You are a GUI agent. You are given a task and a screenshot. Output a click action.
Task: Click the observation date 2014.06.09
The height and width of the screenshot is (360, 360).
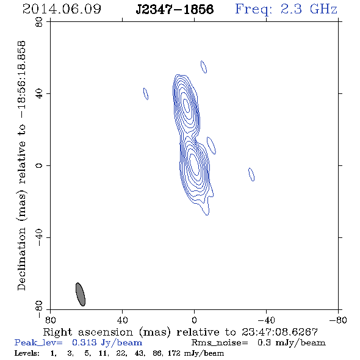(62, 9)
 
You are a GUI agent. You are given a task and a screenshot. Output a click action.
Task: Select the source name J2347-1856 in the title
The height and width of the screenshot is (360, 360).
(175, 9)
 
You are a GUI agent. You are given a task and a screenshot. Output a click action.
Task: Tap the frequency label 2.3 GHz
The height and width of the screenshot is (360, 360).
(309, 9)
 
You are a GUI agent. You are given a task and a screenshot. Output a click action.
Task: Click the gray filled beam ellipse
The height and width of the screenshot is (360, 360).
(81, 294)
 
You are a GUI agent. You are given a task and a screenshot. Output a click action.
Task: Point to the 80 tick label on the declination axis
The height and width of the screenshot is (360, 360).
(39, 22)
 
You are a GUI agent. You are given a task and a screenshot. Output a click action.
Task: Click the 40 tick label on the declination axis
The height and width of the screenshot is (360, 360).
(39, 94)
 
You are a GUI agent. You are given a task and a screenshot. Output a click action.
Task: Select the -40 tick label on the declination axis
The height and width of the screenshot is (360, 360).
(39, 237)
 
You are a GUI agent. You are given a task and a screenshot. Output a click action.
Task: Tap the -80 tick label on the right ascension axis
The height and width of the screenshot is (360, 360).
(338, 320)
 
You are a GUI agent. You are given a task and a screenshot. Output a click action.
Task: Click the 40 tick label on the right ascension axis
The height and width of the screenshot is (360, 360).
(122, 320)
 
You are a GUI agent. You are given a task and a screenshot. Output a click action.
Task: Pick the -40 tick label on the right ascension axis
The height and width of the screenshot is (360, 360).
(266, 320)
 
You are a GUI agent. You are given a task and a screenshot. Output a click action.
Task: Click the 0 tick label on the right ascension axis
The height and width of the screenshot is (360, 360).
(194, 320)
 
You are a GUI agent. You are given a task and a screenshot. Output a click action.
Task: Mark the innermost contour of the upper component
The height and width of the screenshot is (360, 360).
(187, 106)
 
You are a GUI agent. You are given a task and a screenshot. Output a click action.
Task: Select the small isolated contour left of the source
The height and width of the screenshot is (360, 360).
(146, 94)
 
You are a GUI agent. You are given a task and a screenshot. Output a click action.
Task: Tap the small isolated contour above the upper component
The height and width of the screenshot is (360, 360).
(204, 67)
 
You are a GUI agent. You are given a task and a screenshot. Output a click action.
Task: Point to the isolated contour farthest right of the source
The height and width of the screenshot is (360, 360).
(251, 175)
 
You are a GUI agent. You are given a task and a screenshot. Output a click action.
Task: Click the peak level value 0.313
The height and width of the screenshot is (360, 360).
(84, 342)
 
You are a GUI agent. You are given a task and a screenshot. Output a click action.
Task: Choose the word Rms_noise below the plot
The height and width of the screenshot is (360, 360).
(220, 343)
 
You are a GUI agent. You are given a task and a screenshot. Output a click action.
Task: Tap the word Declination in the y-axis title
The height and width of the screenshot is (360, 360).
(21, 259)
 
